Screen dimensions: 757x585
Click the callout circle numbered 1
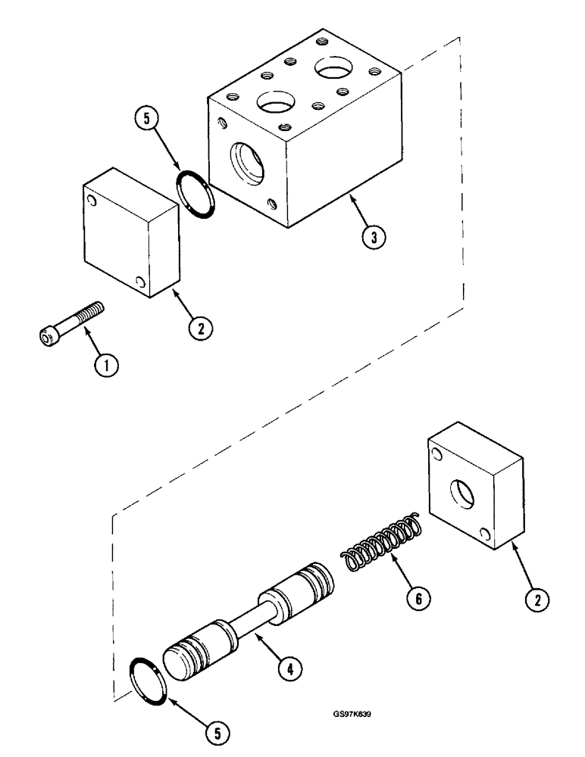pyautogui.click(x=106, y=366)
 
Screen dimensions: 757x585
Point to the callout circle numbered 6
pyautogui.click(x=416, y=599)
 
